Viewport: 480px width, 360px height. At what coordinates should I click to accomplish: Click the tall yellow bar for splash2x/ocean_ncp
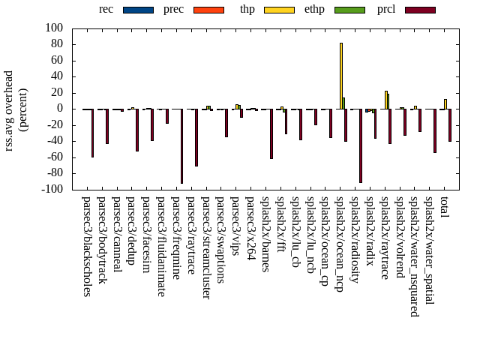click(x=341, y=76)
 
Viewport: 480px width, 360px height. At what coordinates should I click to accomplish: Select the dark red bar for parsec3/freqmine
click(x=181, y=146)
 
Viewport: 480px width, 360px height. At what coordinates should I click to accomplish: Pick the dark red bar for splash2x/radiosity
click(x=360, y=145)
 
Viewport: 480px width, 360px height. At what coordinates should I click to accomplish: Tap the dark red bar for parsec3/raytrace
click(x=196, y=137)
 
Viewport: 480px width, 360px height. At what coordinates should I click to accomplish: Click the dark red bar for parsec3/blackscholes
click(x=92, y=133)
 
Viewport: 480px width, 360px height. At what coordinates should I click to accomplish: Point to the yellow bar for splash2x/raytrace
click(x=386, y=100)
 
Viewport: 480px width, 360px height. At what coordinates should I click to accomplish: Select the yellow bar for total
click(x=445, y=104)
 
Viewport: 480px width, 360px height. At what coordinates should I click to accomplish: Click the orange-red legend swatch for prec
click(x=208, y=10)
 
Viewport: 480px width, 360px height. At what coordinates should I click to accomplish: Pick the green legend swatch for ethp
click(x=349, y=10)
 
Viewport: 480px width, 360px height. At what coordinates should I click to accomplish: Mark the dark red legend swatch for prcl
click(x=420, y=10)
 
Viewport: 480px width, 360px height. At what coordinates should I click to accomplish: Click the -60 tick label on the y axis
click(x=55, y=157)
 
